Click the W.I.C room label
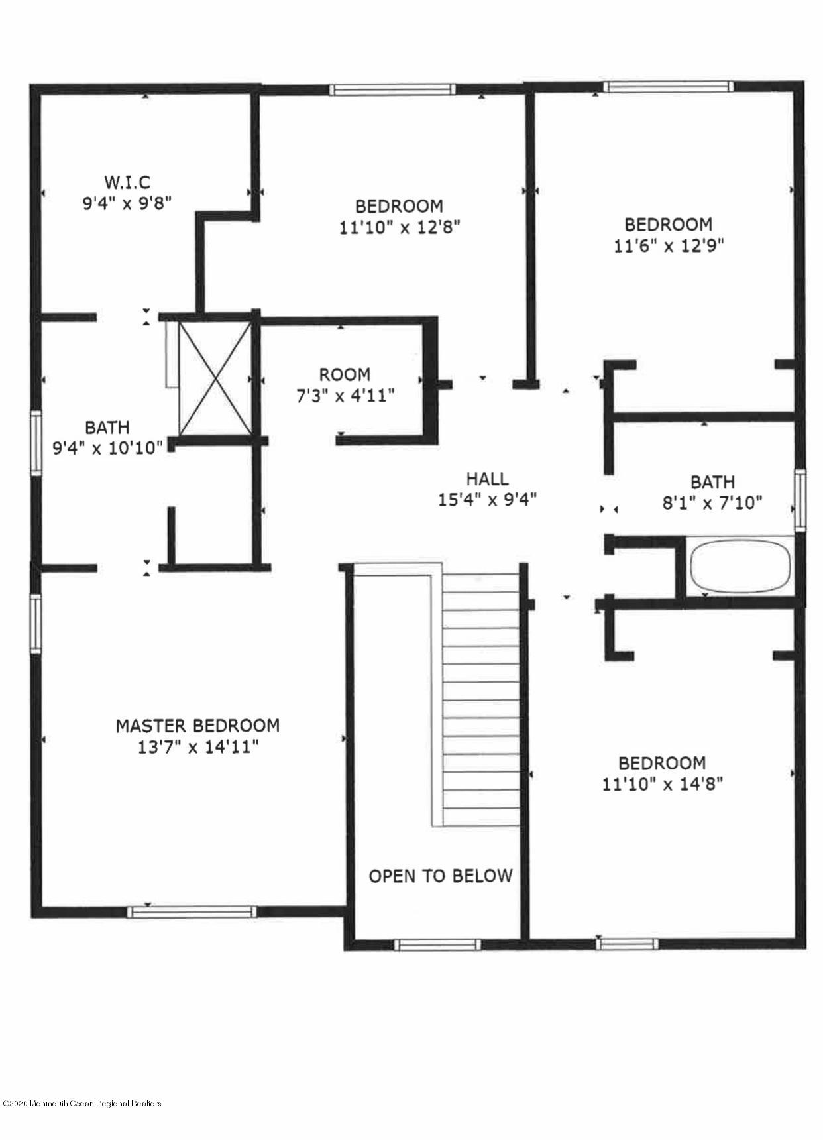(x=127, y=181)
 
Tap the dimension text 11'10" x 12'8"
(x=400, y=227)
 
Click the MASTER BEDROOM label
(x=197, y=726)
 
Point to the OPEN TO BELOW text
(x=441, y=876)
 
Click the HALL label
(x=487, y=479)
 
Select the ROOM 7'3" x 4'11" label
(x=345, y=385)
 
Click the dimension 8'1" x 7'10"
(x=712, y=503)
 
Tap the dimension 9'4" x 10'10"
(x=107, y=449)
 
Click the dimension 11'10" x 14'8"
(x=662, y=784)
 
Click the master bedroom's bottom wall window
(x=192, y=912)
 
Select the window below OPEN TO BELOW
(x=438, y=944)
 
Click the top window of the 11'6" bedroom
(x=669, y=86)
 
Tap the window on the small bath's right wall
(x=800, y=500)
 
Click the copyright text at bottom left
(x=82, y=1104)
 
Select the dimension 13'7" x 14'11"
(x=197, y=748)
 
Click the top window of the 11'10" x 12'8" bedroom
(x=393, y=89)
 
